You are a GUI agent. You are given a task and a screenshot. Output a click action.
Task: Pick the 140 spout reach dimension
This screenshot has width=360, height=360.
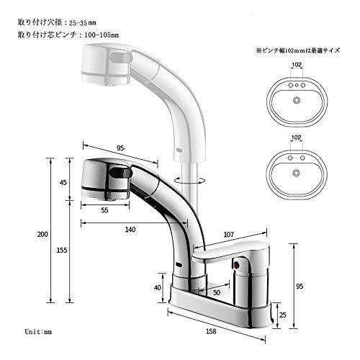click(x=130, y=229)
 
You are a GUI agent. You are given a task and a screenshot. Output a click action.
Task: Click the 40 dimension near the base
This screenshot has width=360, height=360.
click(x=158, y=288)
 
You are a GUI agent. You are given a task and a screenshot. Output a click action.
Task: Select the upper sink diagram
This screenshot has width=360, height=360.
click(x=292, y=97)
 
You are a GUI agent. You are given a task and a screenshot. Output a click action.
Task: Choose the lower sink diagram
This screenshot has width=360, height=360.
click(x=292, y=169)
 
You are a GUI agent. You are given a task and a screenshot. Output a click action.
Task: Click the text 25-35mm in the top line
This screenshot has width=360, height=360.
click(x=86, y=22)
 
